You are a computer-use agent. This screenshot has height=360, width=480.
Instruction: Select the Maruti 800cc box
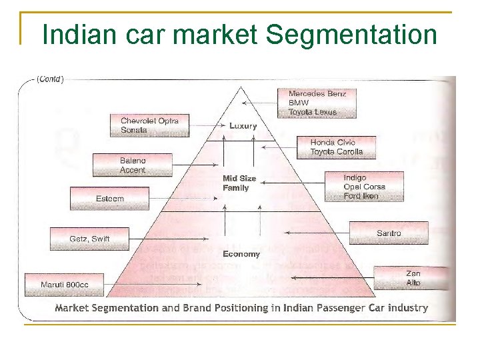pos(64,285)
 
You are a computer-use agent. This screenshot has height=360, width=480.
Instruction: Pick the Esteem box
pos(109,199)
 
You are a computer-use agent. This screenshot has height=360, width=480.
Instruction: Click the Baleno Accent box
pos(132,165)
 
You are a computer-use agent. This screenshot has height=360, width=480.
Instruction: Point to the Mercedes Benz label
pos(317,94)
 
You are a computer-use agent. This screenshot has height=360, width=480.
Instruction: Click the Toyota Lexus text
pos(313,112)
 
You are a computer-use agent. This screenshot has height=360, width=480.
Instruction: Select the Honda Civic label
pos(333,142)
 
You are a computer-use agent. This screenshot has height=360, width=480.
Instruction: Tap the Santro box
pos(389,233)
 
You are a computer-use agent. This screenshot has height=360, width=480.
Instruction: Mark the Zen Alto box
pos(413,278)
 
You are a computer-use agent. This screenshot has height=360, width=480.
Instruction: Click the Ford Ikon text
pos(361,196)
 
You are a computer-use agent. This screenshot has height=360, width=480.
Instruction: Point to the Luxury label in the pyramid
pos(243,125)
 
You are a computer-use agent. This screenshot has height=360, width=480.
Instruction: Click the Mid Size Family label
pos(239,183)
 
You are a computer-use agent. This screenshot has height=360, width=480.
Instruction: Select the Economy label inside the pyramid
pos(241,254)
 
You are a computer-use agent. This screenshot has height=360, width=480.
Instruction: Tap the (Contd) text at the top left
pos(50,79)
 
